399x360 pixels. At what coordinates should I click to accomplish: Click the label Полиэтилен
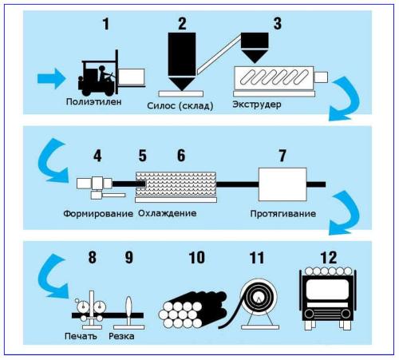tap(94, 101)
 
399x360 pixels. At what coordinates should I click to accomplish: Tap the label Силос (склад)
tap(180, 106)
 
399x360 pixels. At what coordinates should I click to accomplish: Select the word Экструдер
tap(257, 105)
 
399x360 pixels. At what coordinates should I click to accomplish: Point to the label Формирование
tap(98, 214)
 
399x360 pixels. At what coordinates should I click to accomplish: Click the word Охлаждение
tap(168, 213)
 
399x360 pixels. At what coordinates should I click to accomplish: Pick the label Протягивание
tap(283, 214)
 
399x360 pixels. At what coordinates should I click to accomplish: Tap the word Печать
tap(81, 336)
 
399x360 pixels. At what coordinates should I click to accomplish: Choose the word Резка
tap(121, 336)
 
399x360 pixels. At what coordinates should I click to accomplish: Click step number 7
tap(282, 156)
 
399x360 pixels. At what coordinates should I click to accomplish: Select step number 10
tap(197, 257)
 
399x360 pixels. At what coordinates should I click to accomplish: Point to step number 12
tap(329, 257)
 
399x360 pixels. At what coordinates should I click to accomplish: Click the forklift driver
tap(103, 73)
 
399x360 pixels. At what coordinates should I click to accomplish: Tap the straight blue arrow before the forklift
tap(52, 78)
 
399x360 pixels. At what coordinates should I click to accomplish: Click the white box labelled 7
tap(282, 184)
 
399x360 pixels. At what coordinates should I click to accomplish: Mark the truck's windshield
tap(327, 289)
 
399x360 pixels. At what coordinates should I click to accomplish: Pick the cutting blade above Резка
tap(128, 310)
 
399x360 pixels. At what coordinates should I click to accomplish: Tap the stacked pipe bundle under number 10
tap(192, 310)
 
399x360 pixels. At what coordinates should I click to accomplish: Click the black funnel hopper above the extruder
tap(255, 47)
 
